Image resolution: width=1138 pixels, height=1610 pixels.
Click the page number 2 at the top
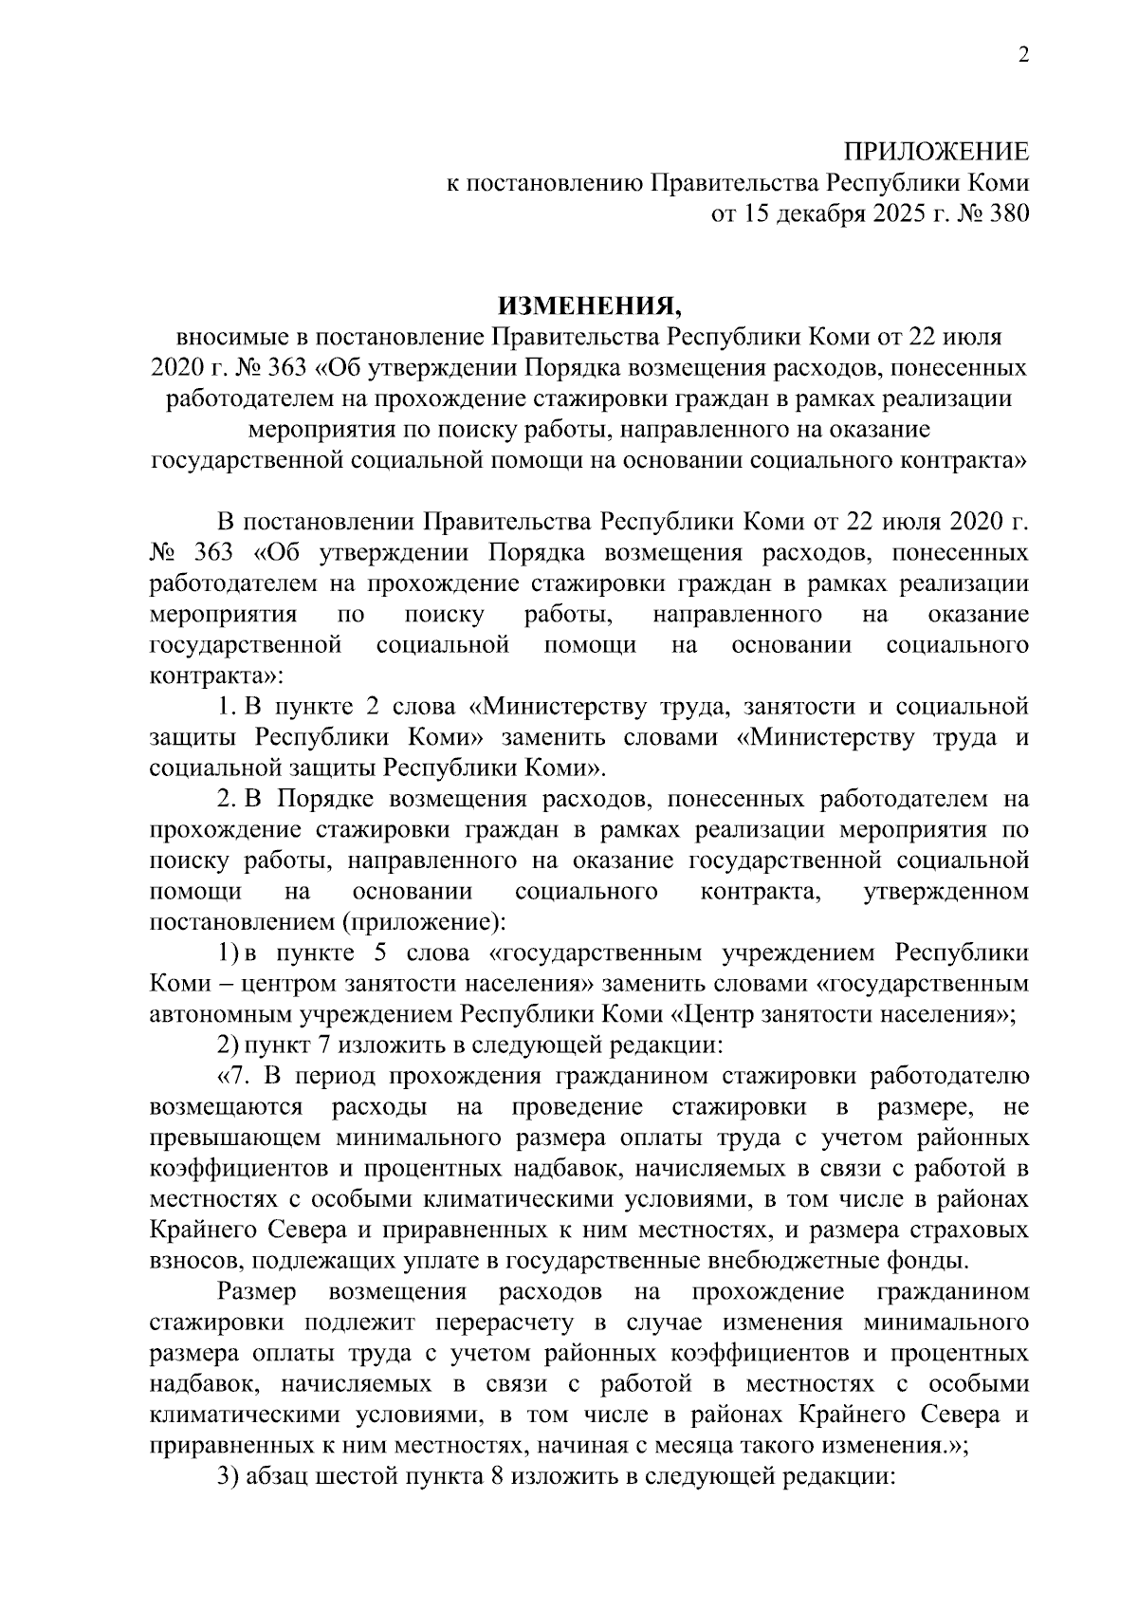tap(1022, 56)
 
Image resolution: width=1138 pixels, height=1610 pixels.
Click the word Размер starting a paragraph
tap(256, 1292)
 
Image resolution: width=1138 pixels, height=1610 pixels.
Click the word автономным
tap(221, 1014)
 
